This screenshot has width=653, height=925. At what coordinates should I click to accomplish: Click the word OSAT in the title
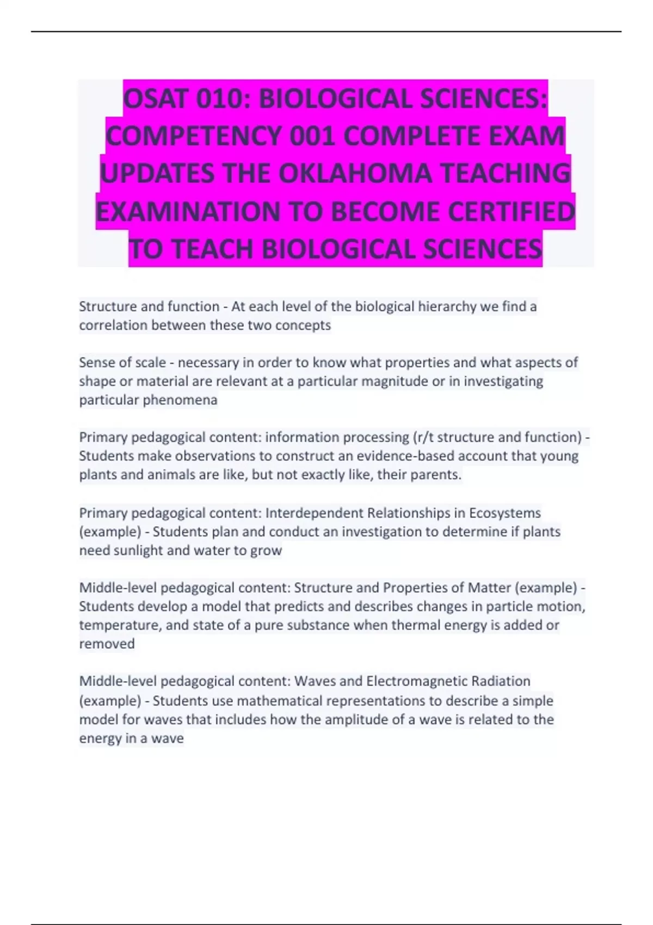point(156,99)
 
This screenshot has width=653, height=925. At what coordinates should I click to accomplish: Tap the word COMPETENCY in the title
point(194,136)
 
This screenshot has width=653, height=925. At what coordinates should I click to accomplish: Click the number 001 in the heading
point(312,136)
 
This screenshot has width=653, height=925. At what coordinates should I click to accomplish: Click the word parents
point(434,474)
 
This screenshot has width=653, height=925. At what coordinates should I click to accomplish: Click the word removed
point(107,644)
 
